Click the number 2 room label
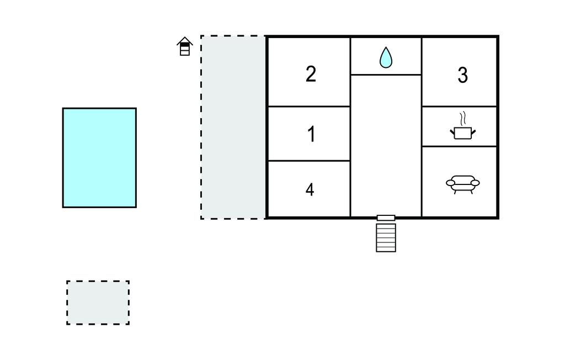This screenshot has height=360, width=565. tap(311, 74)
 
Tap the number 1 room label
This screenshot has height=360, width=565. tap(311, 134)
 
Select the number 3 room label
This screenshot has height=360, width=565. tap(462, 75)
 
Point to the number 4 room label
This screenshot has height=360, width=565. tap(310, 190)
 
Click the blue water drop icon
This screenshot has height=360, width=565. tap(386, 57)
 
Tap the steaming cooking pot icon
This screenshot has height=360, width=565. tap(462, 132)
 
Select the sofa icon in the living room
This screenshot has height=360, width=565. tap(462, 183)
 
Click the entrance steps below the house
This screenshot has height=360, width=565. tap(386, 237)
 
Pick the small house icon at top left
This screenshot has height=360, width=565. tap(185, 46)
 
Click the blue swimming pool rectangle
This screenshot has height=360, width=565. tap(99, 157)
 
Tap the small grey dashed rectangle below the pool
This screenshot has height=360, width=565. tap(98, 302)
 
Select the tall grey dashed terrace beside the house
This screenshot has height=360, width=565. tap(233, 127)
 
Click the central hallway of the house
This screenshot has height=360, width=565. tap(386, 144)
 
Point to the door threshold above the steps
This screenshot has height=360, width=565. tap(386, 218)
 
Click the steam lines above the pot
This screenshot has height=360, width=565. tap(463, 119)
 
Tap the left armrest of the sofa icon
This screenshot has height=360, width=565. tap(450, 183)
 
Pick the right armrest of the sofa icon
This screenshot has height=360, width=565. tap(475, 183)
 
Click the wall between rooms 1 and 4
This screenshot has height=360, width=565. tap(309, 161)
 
